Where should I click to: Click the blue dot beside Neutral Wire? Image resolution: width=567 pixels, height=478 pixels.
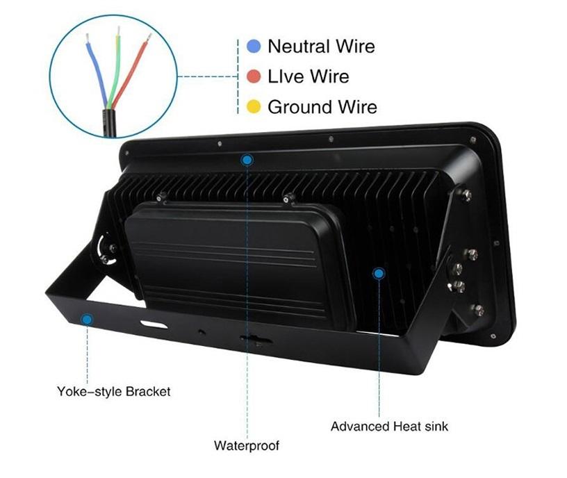tap(254, 47)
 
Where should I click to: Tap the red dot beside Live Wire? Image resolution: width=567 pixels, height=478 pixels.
tap(254, 76)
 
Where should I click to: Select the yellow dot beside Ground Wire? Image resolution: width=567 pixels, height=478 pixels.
tap(254, 107)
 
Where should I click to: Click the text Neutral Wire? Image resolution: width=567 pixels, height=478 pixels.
tap(320, 47)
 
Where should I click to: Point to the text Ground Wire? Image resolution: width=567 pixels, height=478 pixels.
tap(322, 107)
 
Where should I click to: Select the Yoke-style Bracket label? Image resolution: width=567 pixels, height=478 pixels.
tap(113, 391)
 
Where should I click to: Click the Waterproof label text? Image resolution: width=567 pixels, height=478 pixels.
tap(246, 445)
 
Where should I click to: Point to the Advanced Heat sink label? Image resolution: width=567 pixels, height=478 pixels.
tap(389, 426)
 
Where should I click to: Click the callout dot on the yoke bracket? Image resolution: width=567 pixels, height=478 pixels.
tap(87, 320)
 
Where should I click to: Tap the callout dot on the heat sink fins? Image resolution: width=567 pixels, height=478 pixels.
tap(379, 274)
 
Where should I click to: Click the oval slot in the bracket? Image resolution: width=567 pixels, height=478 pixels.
tap(154, 324)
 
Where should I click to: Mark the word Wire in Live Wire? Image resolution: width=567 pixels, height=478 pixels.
tap(329, 76)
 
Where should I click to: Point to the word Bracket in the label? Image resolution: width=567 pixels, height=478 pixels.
tap(147, 391)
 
